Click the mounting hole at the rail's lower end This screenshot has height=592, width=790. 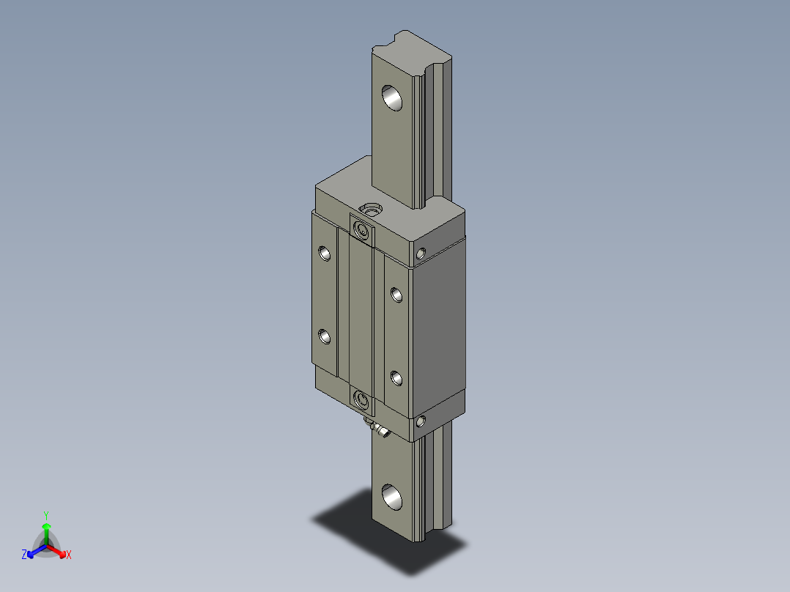(392, 497)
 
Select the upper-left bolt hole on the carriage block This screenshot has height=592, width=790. (325, 253)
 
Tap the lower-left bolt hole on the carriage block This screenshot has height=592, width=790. (325, 336)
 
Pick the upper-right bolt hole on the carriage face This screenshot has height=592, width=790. (396, 295)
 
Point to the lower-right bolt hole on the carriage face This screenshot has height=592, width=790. (396, 378)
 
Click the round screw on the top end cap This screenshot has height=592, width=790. (361, 230)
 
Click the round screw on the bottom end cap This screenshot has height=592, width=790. (361, 399)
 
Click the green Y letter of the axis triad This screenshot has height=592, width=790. (45, 515)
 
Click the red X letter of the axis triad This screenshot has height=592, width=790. (69, 555)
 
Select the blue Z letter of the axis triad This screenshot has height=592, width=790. (24, 555)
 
